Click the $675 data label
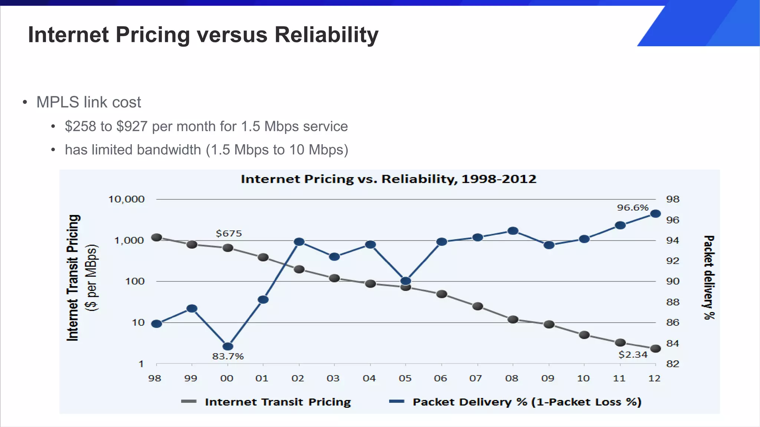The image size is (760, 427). pyautogui.click(x=229, y=234)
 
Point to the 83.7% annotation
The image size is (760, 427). pyautogui.click(x=228, y=357)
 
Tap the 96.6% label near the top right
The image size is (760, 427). pyautogui.click(x=633, y=208)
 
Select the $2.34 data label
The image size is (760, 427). pyautogui.click(x=633, y=355)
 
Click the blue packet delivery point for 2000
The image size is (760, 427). pyautogui.click(x=228, y=346)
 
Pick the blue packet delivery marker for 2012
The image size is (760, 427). pyautogui.click(x=655, y=213)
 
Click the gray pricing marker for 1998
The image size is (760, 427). pyautogui.click(x=157, y=237)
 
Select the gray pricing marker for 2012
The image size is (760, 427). pyautogui.click(x=655, y=348)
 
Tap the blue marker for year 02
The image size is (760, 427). pyautogui.click(x=299, y=242)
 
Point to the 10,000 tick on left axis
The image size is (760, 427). pyautogui.click(x=126, y=199)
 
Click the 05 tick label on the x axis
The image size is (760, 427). pyautogui.click(x=405, y=378)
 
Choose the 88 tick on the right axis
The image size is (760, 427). pyautogui.click(x=672, y=302)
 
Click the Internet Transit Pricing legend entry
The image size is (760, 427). pyautogui.click(x=278, y=402)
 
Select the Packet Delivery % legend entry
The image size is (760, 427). pyautogui.click(x=527, y=402)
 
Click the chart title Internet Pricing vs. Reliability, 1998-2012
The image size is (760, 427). pyautogui.click(x=388, y=179)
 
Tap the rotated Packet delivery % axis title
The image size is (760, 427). pyautogui.click(x=709, y=277)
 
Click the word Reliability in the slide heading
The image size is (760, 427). pyautogui.click(x=326, y=35)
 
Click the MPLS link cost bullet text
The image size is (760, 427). pyautogui.click(x=89, y=102)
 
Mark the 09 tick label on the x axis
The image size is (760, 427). pyautogui.click(x=547, y=378)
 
